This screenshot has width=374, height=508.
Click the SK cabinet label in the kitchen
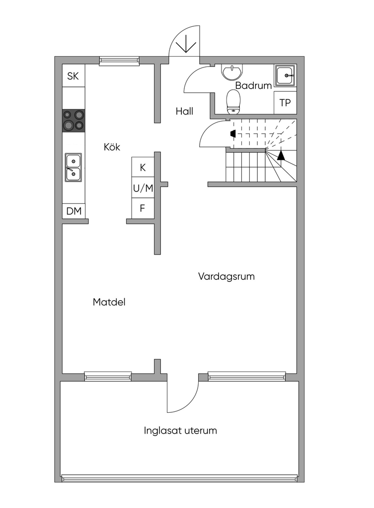[x=73, y=76]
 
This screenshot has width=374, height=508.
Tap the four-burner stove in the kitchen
[x=74, y=120]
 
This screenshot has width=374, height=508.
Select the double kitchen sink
[x=74, y=168]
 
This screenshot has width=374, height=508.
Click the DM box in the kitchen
[x=74, y=211]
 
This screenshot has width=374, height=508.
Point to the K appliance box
[x=143, y=167]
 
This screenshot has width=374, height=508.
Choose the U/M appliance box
[x=143, y=188]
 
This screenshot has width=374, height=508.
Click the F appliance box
[x=143, y=208]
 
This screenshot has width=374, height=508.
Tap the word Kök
[x=112, y=147]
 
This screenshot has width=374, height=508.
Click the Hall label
[x=184, y=112]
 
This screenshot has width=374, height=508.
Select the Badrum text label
[x=253, y=86]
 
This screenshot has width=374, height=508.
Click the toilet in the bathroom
[x=233, y=102]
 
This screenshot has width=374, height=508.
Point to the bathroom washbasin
[x=232, y=72]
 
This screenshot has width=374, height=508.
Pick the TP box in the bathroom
[x=285, y=103]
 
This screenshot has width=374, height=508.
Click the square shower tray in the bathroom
[x=286, y=75]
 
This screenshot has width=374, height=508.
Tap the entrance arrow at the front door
[x=185, y=44]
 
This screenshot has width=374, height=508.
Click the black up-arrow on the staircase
[x=281, y=155]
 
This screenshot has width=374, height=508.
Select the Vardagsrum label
[x=226, y=277]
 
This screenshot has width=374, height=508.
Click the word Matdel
[x=109, y=302]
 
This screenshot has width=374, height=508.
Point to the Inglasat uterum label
[x=180, y=431]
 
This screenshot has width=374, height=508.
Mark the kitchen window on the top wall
[x=119, y=61]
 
